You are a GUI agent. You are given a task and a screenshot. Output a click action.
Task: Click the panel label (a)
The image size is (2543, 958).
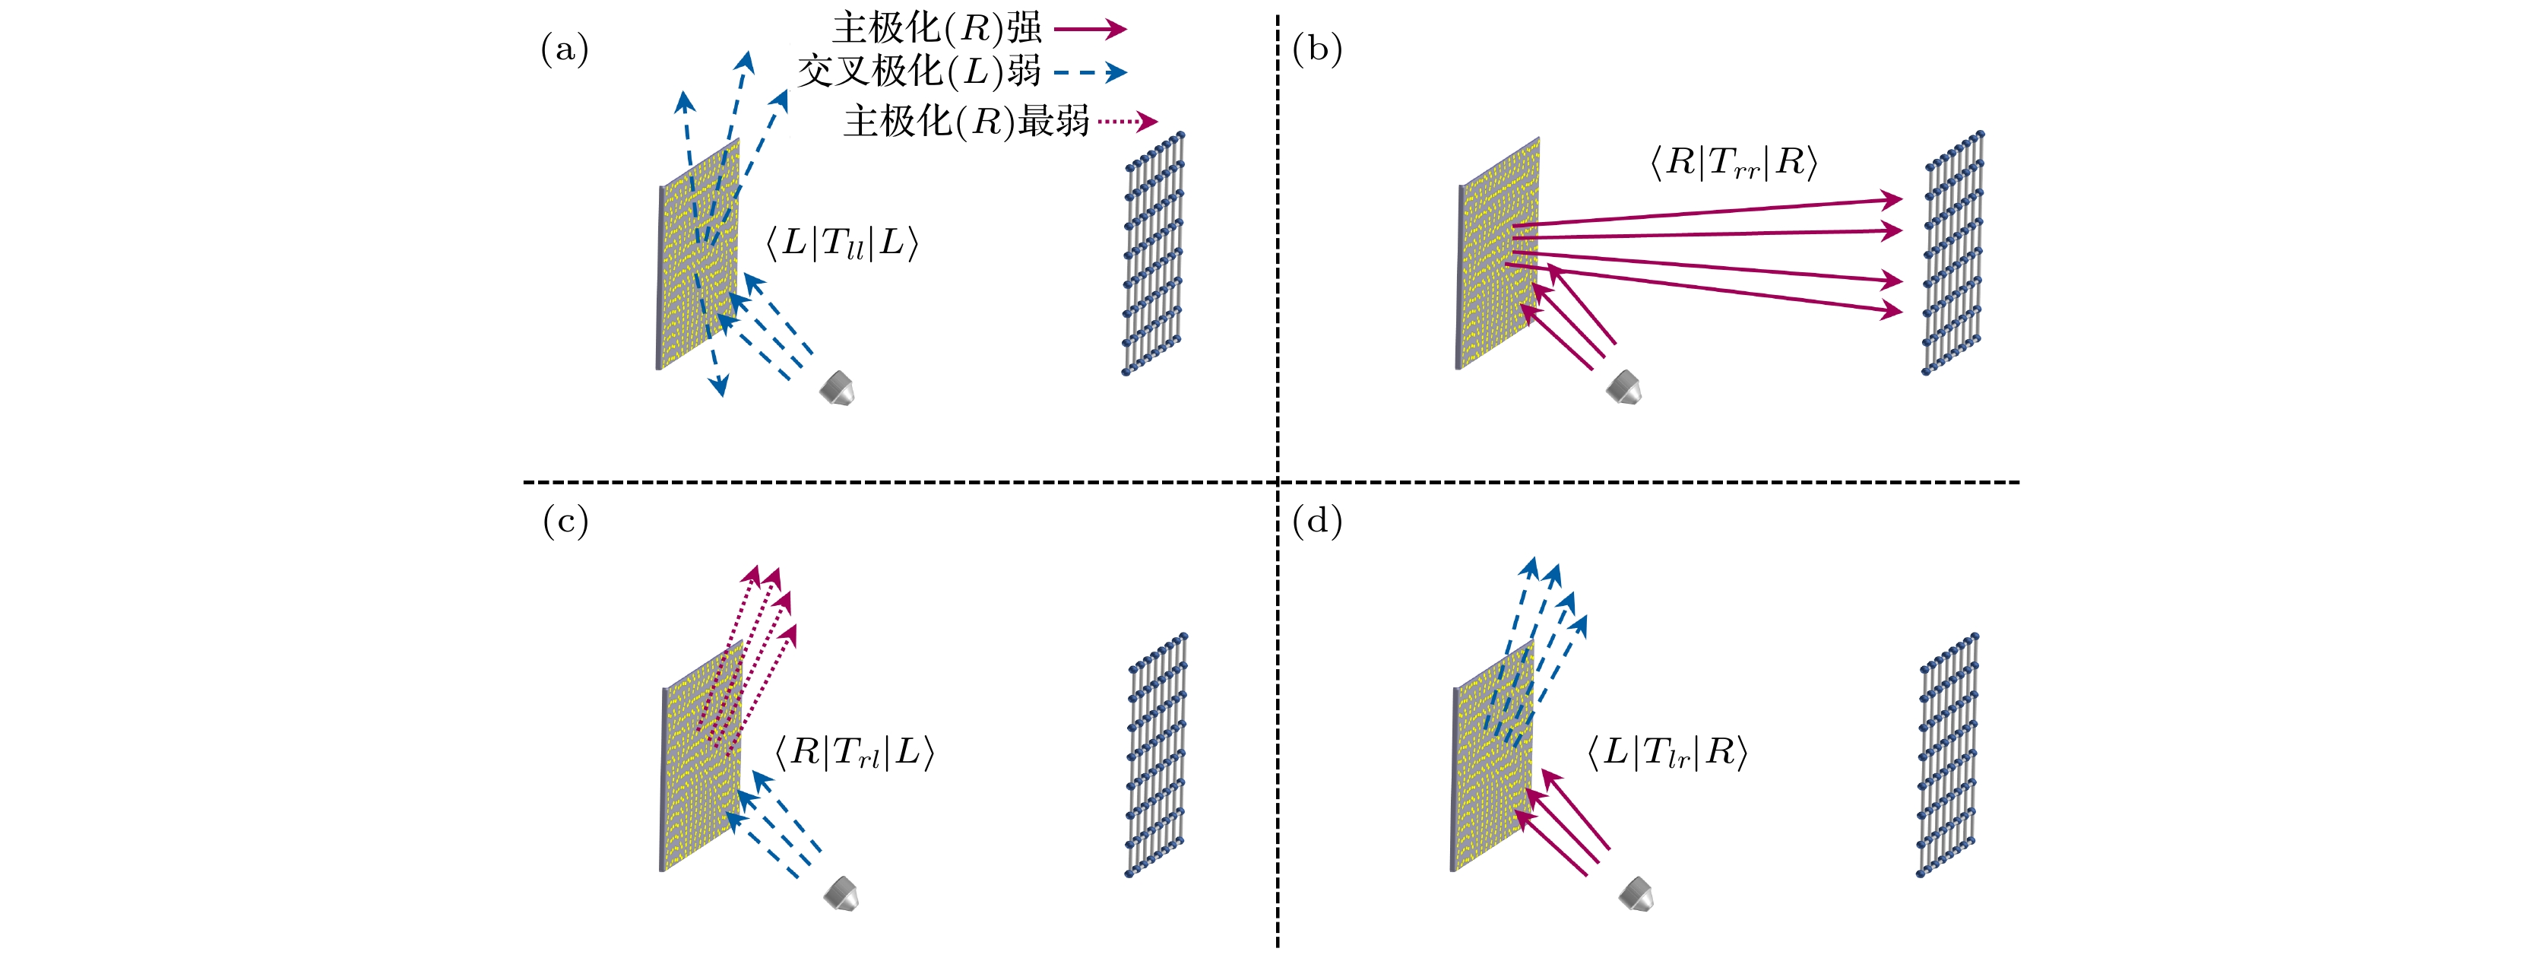pos(565,49)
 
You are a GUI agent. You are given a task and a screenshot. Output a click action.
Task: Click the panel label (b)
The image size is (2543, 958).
pos(1317,49)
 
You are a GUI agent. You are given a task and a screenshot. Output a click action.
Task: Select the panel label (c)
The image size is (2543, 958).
pos(565,522)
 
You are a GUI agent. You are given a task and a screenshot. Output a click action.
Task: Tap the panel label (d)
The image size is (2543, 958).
pos(1317,522)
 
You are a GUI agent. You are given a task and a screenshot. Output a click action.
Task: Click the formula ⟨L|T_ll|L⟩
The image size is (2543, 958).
pos(842,243)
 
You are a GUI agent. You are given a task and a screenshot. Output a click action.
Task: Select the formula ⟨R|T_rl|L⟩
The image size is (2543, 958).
pos(854,753)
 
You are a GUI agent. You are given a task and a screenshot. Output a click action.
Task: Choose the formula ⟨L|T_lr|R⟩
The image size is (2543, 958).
pos(1667,753)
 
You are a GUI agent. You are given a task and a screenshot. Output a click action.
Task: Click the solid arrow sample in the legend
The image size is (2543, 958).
pos(1090,29)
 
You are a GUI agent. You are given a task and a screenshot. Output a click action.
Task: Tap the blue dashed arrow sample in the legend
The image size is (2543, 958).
pos(1090,72)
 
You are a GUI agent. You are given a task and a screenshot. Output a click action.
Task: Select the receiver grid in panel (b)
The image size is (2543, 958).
pos(1952,253)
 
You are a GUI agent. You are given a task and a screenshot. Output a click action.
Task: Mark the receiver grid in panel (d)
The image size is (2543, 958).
pos(1948,756)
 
